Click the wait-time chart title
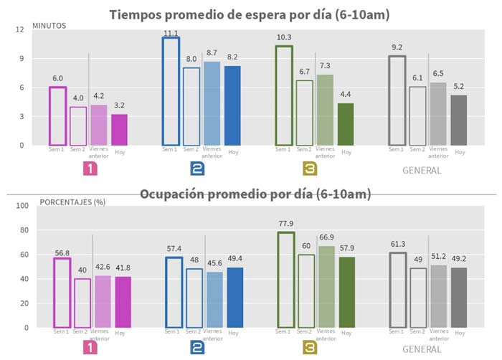pyautogui.click(x=250, y=15)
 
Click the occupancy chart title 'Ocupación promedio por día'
pyautogui.click(x=250, y=194)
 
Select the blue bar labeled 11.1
pyautogui.click(x=171, y=90)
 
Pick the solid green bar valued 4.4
pyautogui.click(x=346, y=123)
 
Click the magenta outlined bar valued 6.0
pyautogui.click(x=57, y=115)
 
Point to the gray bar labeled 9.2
pyautogui.click(x=396, y=100)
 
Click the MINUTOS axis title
pyautogui.click(x=49, y=25)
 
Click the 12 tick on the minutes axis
pyautogui.click(x=21, y=29)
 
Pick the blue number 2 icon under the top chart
pyautogui.click(x=198, y=169)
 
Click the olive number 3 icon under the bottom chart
pyautogui.click(x=311, y=349)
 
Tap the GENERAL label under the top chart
pyautogui.click(x=422, y=171)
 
